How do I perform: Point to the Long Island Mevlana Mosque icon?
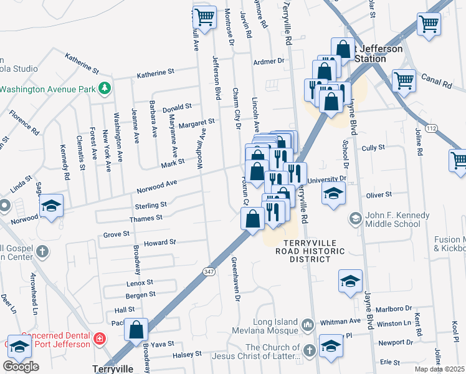click(x=307, y=325)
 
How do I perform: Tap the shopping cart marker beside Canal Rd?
click(x=403, y=79)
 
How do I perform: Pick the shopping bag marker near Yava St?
click(x=135, y=330)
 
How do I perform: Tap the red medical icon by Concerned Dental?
click(x=98, y=338)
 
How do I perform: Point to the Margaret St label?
click(x=196, y=123)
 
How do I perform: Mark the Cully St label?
click(x=373, y=148)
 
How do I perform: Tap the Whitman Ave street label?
click(x=340, y=322)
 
